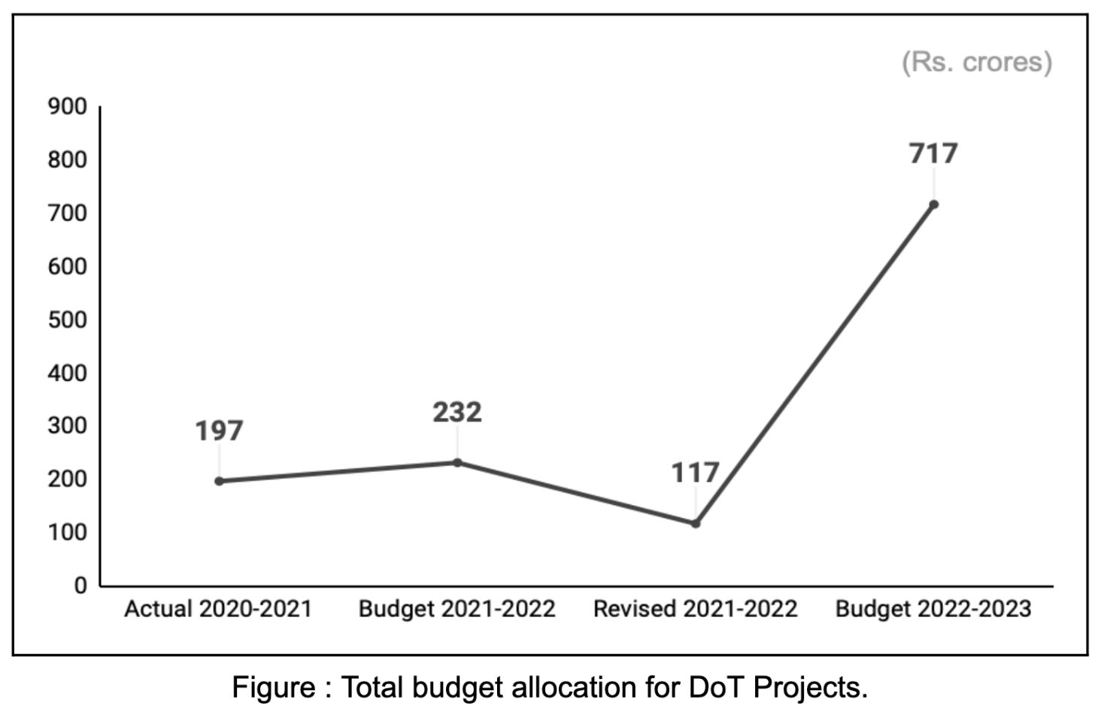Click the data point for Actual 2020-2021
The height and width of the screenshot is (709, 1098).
click(x=219, y=481)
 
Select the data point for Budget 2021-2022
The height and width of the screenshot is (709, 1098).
click(x=457, y=463)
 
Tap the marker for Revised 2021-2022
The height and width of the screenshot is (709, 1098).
click(x=696, y=523)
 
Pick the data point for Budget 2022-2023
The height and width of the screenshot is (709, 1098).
click(x=933, y=205)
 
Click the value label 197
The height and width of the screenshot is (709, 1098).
click(x=219, y=431)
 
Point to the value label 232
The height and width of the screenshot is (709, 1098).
click(x=457, y=412)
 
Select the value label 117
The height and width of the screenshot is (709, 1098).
click(x=695, y=473)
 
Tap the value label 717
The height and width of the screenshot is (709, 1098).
click(x=933, y=154)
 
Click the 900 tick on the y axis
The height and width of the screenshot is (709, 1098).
click(x=68, y=107)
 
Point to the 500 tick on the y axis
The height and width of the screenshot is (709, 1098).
click(x=68, y=320)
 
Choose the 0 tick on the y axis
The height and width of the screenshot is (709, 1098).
click(x=80, y=586)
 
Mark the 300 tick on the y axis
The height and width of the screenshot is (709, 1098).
click(x=68, y=426)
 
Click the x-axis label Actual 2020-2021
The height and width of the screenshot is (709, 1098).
click(x=218, y=609)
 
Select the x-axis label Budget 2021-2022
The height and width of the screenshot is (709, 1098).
click(x=456, y=609)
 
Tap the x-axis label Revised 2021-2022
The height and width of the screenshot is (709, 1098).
click(x=695, y=609)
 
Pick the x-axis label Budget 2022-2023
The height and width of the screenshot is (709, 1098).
click(x=933, y=609)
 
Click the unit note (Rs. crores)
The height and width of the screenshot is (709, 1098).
click(x=976, y=62)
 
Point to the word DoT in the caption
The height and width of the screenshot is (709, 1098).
click(x=717, y=688)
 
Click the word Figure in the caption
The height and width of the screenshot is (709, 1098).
click(x=273, y=688)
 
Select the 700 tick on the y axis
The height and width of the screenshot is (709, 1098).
click(x=68, y=213)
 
